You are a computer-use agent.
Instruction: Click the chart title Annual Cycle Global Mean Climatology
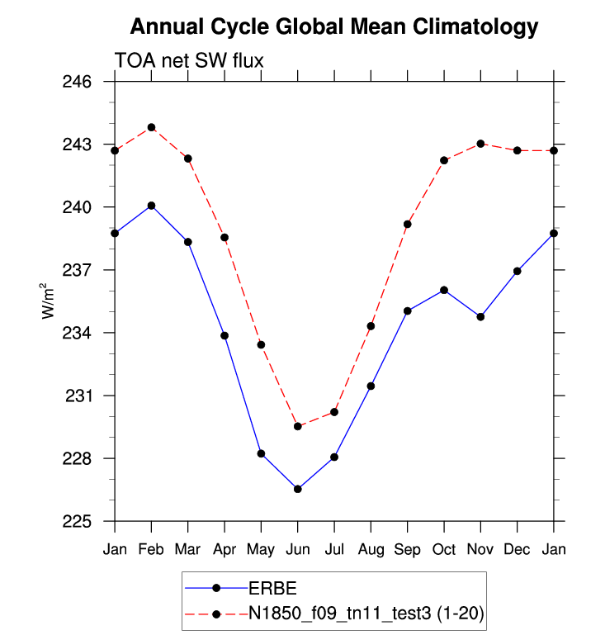coord(334,27)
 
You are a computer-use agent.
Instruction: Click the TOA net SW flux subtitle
coord(188,60)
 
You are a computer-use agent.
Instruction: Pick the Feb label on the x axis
coord(151,549)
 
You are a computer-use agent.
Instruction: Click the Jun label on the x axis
coord(298,549)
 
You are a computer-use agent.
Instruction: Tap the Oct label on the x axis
coord(444,549)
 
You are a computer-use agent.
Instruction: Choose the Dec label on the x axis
coord(518,549)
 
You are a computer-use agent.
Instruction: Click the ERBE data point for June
coord(298,490)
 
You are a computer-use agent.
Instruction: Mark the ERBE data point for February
coord(151,206)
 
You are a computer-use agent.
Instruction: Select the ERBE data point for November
coord(480,316)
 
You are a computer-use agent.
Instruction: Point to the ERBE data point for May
coord(261,453)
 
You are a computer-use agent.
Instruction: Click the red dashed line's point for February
coord(151,127)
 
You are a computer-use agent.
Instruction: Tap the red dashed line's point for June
coord(298,426)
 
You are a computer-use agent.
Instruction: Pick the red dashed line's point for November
coord(480,144)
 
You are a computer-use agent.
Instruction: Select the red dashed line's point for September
coord(408,224)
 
